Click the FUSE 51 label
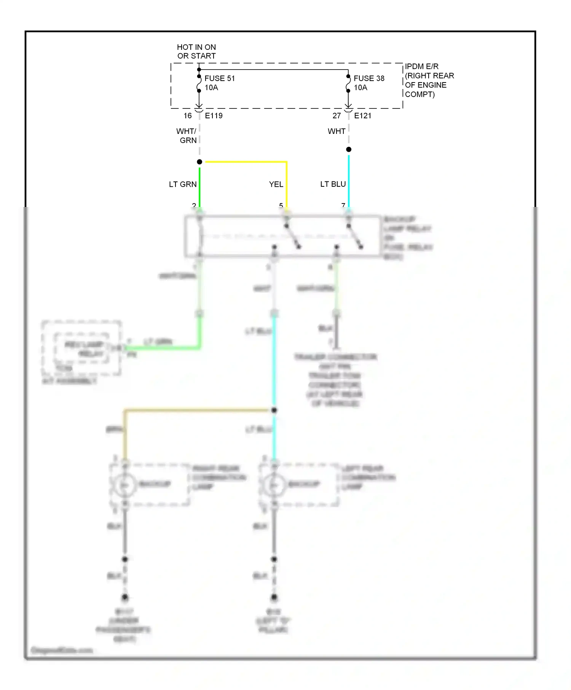click(219, 78)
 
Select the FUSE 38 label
click(368, 78)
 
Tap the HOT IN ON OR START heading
click(196, 51)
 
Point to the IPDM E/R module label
click(429, 80)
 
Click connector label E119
click(214, 116)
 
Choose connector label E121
click(362, 116)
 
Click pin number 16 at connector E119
click(188, 116)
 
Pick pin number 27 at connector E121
click(337, 116)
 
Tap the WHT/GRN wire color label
click(187, 136)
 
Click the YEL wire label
click(276, 184)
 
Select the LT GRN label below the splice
click(183, 184)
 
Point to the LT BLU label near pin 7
click(333, 184)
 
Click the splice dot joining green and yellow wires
click(199, 162)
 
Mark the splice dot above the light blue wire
click(349, 149)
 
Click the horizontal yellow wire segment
click(246, 162)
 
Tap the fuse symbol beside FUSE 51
click(199, 84)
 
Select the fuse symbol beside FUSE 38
click(348, 84)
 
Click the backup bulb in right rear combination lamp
click(124, 485)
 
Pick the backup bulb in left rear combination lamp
click(274, 485)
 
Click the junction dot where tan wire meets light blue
click(274, 410)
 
